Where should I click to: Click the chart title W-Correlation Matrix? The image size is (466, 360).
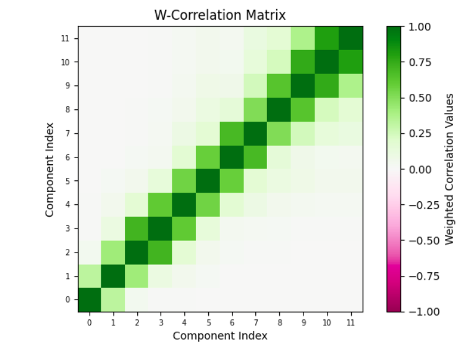click(x=220, y=14)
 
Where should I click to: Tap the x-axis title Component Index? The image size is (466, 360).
click(x=220, y=335)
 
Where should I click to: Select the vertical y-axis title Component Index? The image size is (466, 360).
click(x=49, y=169)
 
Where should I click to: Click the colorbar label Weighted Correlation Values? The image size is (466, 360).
click(x=450, y=169)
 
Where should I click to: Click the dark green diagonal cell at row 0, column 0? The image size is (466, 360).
click(x=90, y=299)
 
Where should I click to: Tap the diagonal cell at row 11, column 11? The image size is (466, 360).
click(x=350, y=38)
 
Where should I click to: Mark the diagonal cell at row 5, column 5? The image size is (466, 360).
click(x=208, y=181)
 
